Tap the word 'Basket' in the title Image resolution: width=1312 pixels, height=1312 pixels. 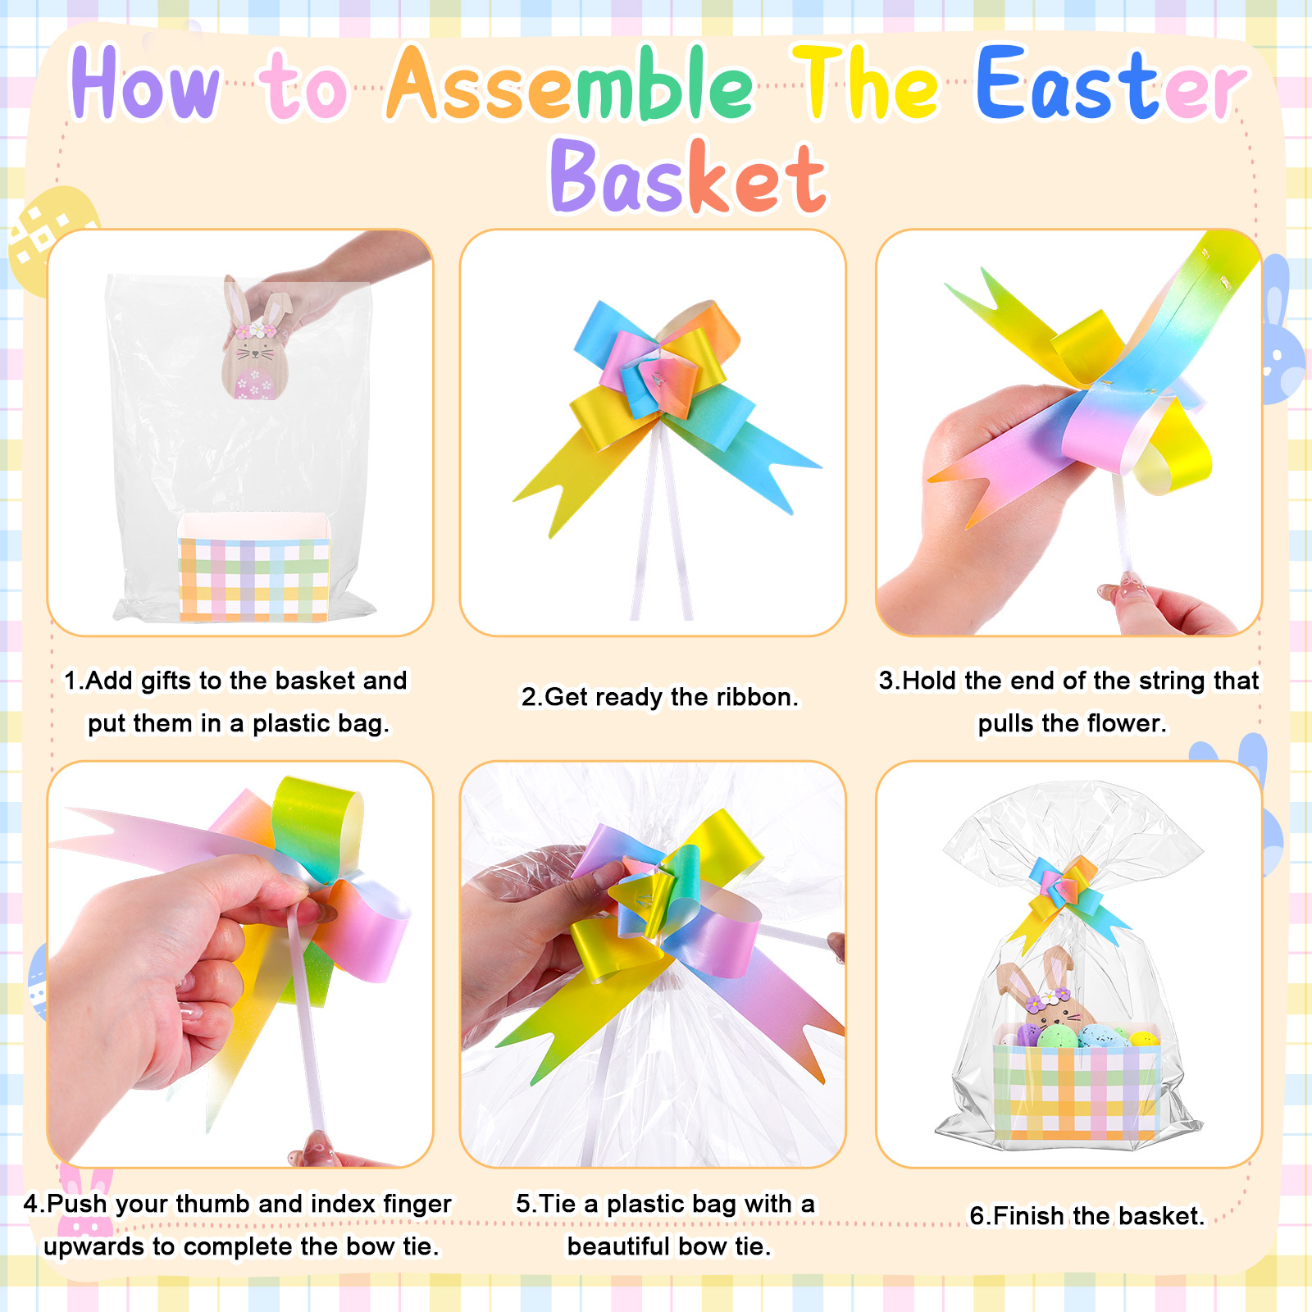click(689, 176)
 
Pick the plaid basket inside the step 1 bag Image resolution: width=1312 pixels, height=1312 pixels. click(254, 566)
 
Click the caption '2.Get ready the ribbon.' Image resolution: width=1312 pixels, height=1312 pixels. click(659, 697)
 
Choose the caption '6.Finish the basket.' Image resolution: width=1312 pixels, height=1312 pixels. click(1087, 1215)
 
